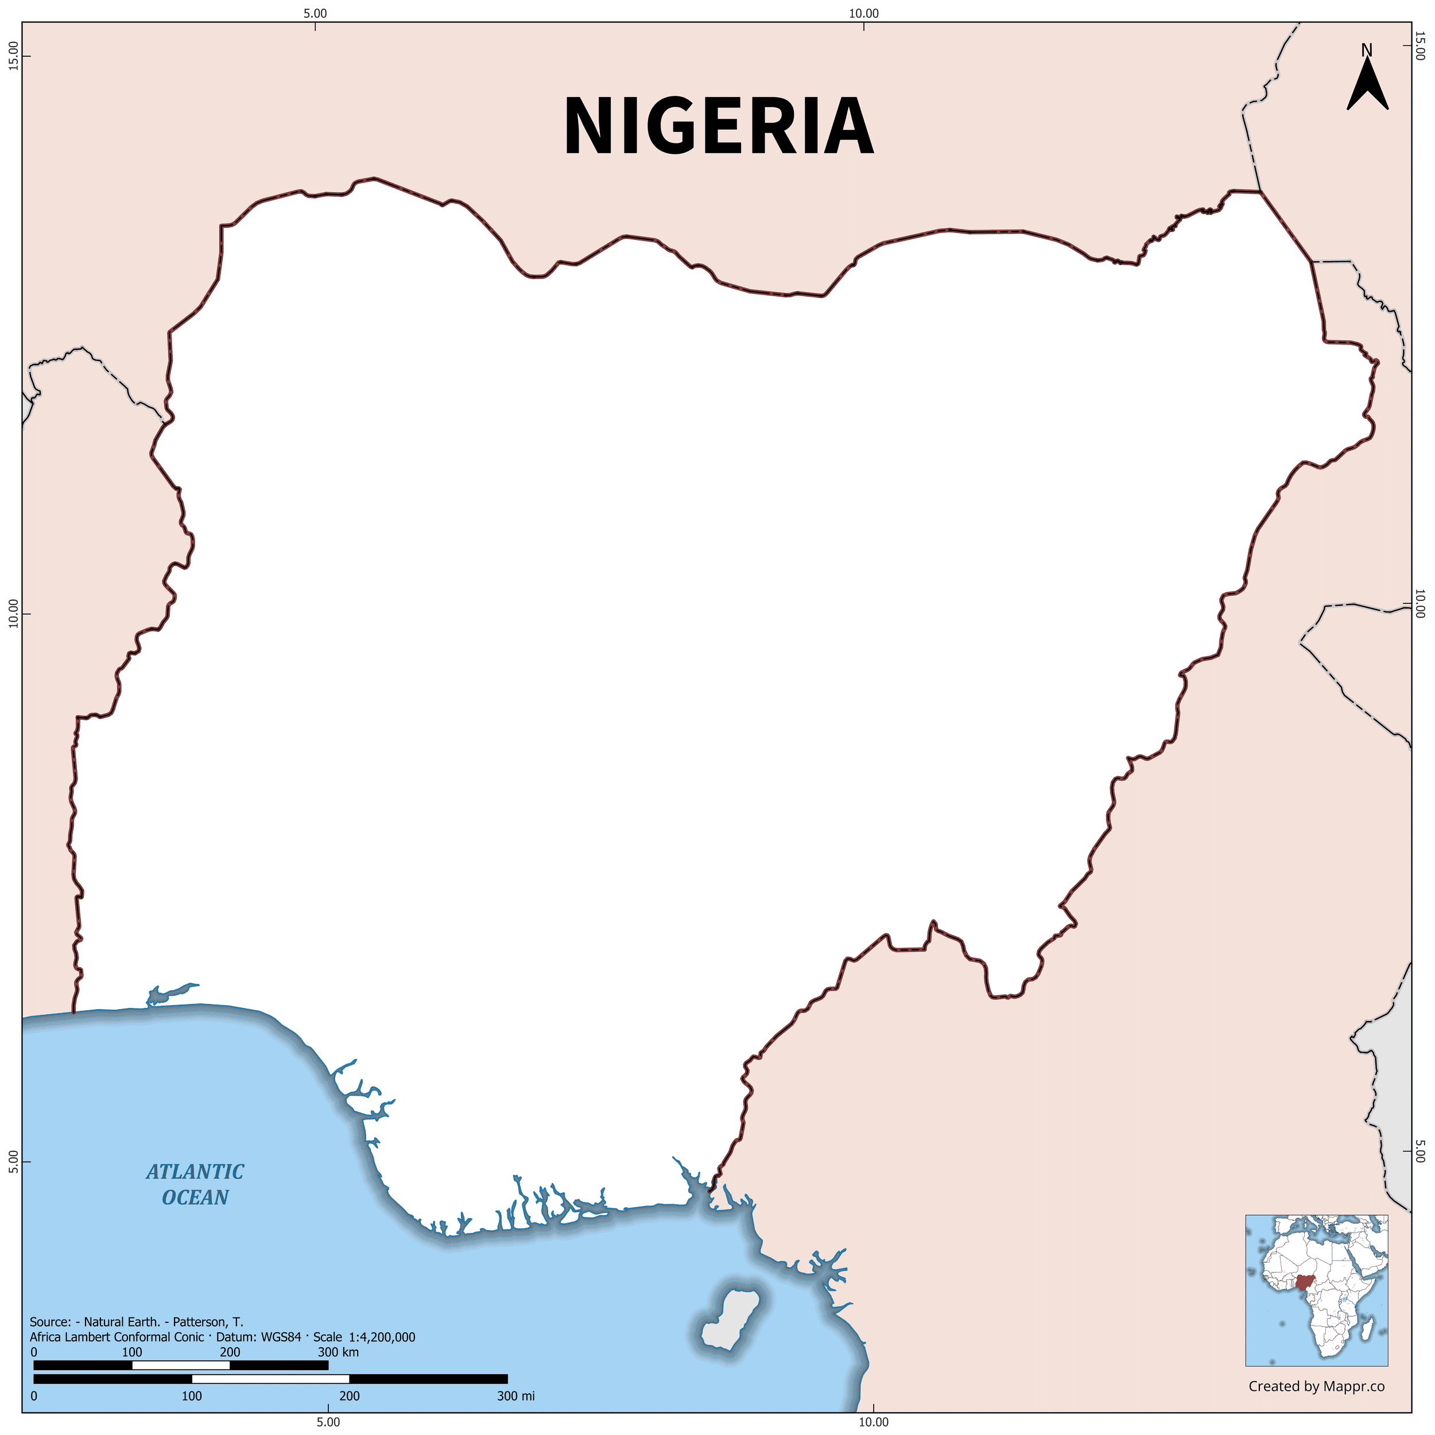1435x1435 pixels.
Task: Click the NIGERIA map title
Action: [x=718, y=126]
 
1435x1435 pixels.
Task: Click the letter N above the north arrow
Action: [x=1367, y=50]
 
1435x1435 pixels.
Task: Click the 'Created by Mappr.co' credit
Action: [x=1316, y=1386]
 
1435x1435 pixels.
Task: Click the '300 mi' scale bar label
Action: [x=515, y=1395]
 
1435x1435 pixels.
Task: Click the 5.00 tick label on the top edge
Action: [x=315, y=13]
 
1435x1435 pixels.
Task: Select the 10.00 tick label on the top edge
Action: [x=864, y=13]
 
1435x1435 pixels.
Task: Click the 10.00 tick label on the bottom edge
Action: [x=874, y=1422]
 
